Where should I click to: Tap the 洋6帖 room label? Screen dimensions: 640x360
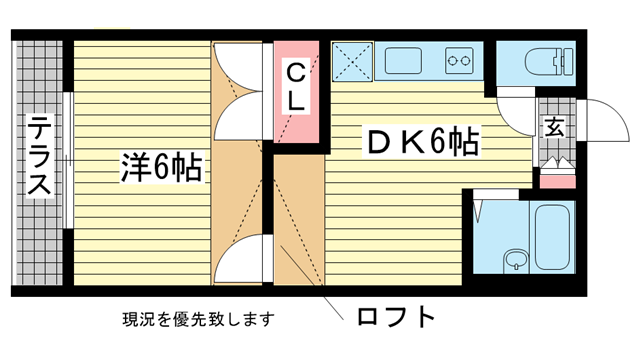[x=162, y=165]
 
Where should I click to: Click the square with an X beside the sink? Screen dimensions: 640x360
[x=351, y=60]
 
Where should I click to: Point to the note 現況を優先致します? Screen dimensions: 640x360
[x=197, y=320]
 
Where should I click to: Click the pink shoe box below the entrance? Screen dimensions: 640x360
[x=557, y=180]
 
